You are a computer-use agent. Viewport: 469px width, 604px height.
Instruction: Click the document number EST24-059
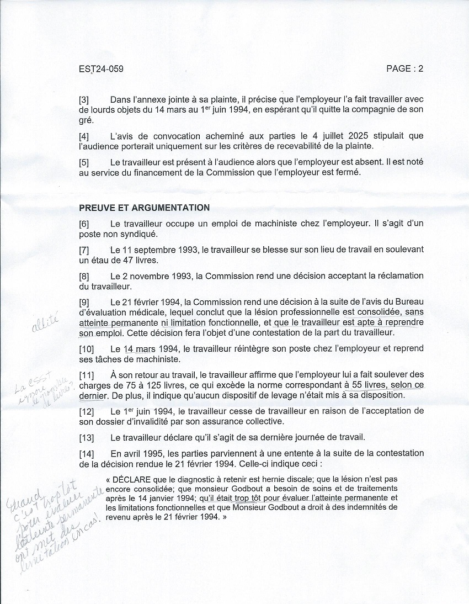click(101, 69)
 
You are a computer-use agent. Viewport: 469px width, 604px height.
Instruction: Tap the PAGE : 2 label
click(404, 69)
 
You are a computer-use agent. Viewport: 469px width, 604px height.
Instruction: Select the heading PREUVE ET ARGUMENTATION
click(144, 208)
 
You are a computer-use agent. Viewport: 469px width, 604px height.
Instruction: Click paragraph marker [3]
click(84, 100)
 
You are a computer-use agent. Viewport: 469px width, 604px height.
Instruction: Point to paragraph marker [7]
click(84, 250)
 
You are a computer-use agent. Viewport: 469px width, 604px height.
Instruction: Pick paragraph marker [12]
click(86, 412)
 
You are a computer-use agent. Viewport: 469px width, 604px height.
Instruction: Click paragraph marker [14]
click(86, 453)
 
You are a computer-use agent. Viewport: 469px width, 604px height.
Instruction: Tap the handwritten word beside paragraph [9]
click(45, 326)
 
